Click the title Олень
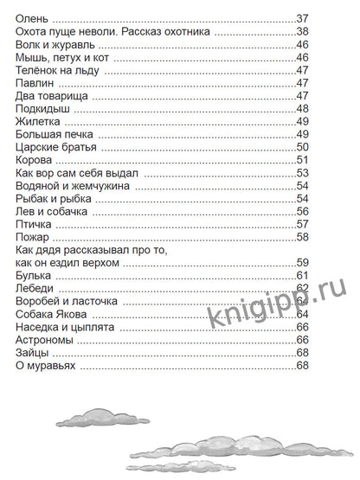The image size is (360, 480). pos(33,17)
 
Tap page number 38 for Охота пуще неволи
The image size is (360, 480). pos(302,31)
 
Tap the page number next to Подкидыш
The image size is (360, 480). pos(302,109)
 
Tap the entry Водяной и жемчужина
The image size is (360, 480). pos(73,186)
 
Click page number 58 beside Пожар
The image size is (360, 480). pos(302,237)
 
